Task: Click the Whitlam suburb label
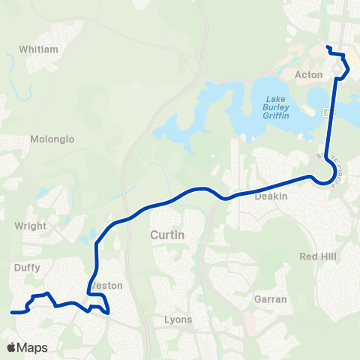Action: [38, 49]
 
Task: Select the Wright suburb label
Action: [31, 225]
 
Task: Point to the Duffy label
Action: [26, 265]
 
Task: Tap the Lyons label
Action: [178, 319]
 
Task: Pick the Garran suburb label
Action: [271, 298]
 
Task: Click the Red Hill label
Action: [318, 256]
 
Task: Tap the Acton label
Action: [309, 75]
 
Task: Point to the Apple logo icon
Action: [11, 347]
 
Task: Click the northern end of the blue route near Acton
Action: [328, 47]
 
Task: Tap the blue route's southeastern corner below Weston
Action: [108, 311]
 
